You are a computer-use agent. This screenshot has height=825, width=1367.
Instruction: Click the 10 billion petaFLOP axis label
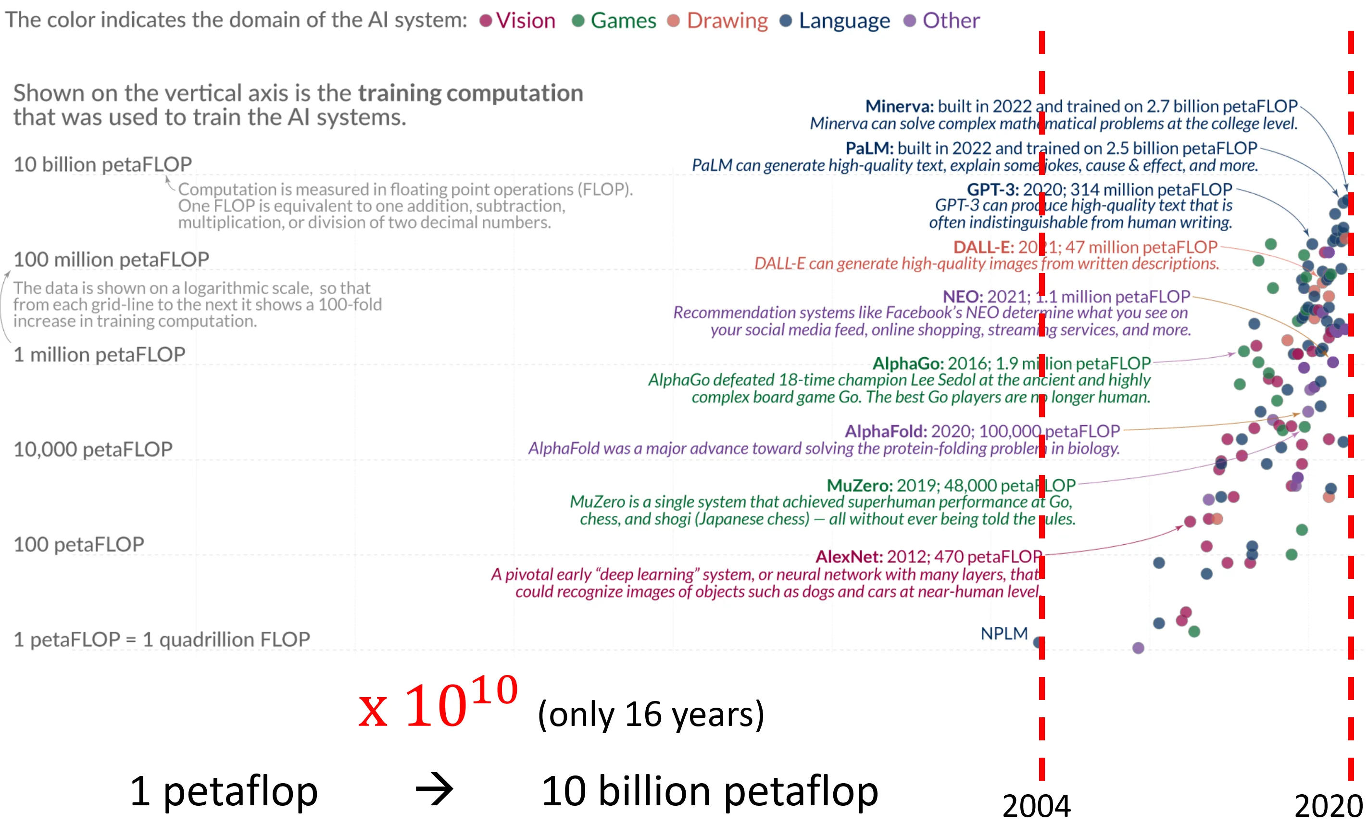102,164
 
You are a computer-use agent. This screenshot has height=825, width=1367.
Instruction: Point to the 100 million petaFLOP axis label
111,259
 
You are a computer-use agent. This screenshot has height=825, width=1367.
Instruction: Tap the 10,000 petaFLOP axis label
93,449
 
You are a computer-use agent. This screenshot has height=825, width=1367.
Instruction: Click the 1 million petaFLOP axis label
100,354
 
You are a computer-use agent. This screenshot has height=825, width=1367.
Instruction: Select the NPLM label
1003,633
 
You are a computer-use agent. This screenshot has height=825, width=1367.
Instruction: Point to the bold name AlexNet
849,556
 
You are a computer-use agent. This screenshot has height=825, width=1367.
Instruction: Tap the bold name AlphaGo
908,363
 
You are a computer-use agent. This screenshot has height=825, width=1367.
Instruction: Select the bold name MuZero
859,486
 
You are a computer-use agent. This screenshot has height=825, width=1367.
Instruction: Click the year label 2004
1036,806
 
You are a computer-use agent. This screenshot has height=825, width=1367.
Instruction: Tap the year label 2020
1328,806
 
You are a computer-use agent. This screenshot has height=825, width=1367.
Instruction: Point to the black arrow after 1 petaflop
434,789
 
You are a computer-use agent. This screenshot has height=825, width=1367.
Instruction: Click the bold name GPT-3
992,190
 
